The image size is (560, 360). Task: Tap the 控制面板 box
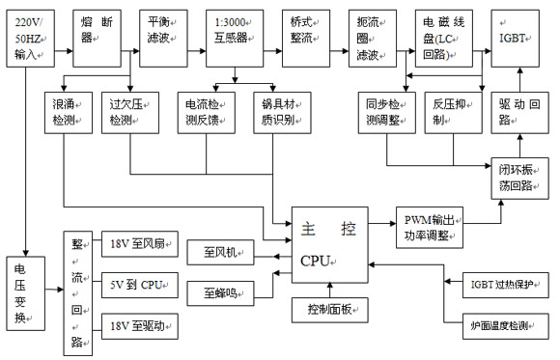331,311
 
